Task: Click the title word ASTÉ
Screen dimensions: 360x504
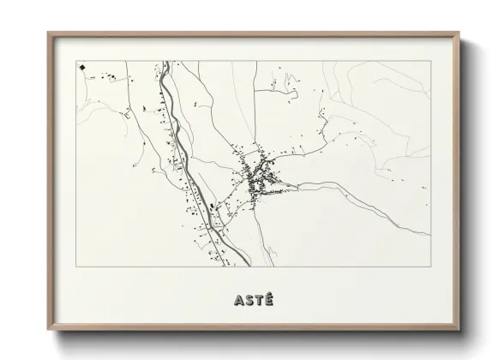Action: (252, 300)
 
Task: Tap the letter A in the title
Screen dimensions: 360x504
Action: (237, 301)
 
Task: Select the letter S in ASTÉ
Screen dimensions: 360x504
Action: (248, 301)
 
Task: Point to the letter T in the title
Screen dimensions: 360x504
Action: (258, 301)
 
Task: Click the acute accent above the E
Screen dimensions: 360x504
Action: (268, 294)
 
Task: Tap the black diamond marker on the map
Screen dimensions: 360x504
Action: (81, 66)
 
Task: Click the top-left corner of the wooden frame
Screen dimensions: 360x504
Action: (49, 33)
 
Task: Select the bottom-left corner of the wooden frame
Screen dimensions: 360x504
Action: (49, 330)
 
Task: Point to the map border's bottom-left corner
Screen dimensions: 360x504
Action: (77, 267)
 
